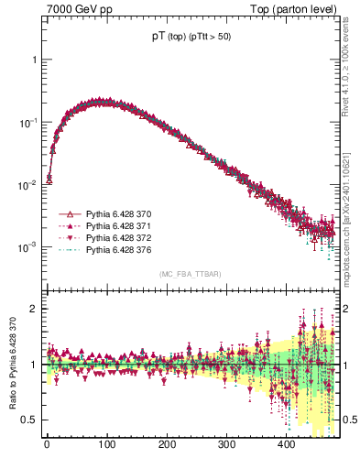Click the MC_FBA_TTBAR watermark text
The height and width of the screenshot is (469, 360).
(x=190, y=275)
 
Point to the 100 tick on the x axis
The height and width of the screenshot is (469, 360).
(x=107, y=444)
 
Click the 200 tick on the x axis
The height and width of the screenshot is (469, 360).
(x=168, y=444)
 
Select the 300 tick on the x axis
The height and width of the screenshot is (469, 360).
(x=228, y=444)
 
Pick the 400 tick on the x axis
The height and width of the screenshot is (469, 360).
(x=289, y=444)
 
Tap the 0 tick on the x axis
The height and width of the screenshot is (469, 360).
(x=47, y=444)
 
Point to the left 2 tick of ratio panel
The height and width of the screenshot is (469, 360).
(x=34, y=309)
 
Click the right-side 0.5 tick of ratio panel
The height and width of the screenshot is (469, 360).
(x=346, y=420)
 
